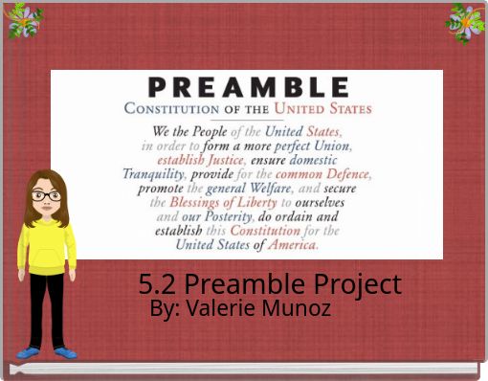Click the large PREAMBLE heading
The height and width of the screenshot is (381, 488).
[x=247, y=86]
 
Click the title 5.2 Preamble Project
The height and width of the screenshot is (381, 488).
[x=269, y=284]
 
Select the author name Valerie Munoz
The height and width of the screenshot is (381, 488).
[x=240, y=309]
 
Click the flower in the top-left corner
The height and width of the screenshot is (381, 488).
[x=24, y=20]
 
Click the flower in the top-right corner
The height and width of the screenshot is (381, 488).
[x=466, y=21]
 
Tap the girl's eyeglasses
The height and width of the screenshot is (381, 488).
[x=45, y=196]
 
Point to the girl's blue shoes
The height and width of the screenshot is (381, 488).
[x=46, y=352]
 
